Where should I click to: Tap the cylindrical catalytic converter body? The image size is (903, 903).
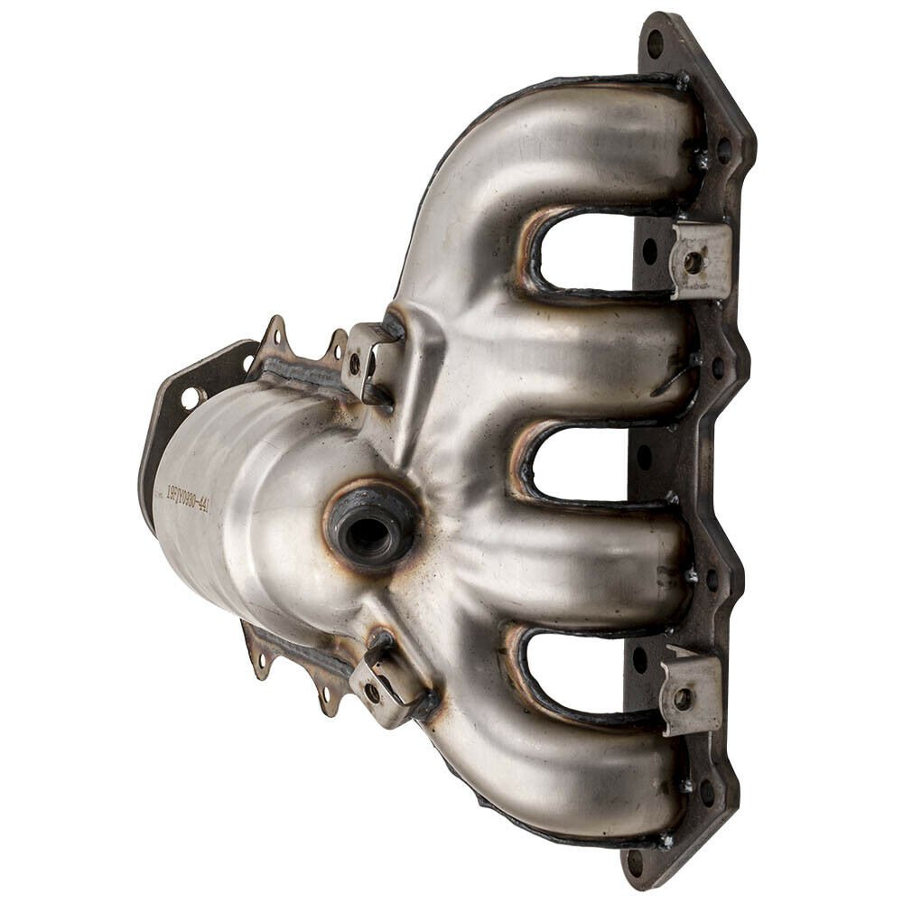[x=244, y=506]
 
